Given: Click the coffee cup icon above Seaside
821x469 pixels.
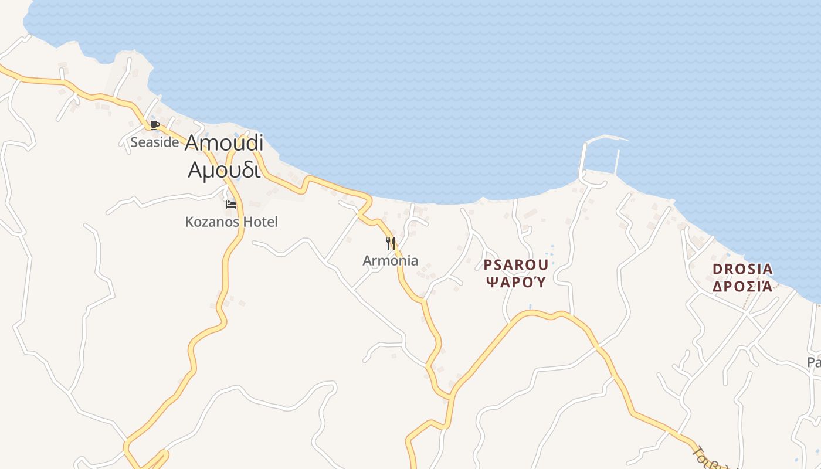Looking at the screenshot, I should [154, 125].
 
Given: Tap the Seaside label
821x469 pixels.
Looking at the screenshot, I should [154, 142].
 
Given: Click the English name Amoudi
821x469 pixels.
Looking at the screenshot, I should [224, 144].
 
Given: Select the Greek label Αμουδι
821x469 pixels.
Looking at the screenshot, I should [223, 169].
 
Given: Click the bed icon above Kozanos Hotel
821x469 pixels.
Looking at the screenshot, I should [231, 205].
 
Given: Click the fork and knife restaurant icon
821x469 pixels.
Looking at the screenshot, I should [391, 243].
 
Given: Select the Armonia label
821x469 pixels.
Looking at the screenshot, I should [391, 260].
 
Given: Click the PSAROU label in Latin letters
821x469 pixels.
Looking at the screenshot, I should [516, 265].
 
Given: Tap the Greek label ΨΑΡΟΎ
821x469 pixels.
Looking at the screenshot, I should [516, 282].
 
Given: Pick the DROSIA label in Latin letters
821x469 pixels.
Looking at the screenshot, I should [742, 270].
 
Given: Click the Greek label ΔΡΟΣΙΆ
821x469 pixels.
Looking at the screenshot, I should [742, 287].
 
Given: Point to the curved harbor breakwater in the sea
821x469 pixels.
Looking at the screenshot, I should [607, 138].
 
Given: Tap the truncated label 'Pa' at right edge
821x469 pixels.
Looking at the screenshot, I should [813, 362].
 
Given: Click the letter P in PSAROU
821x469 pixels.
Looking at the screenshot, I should [487, 265].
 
